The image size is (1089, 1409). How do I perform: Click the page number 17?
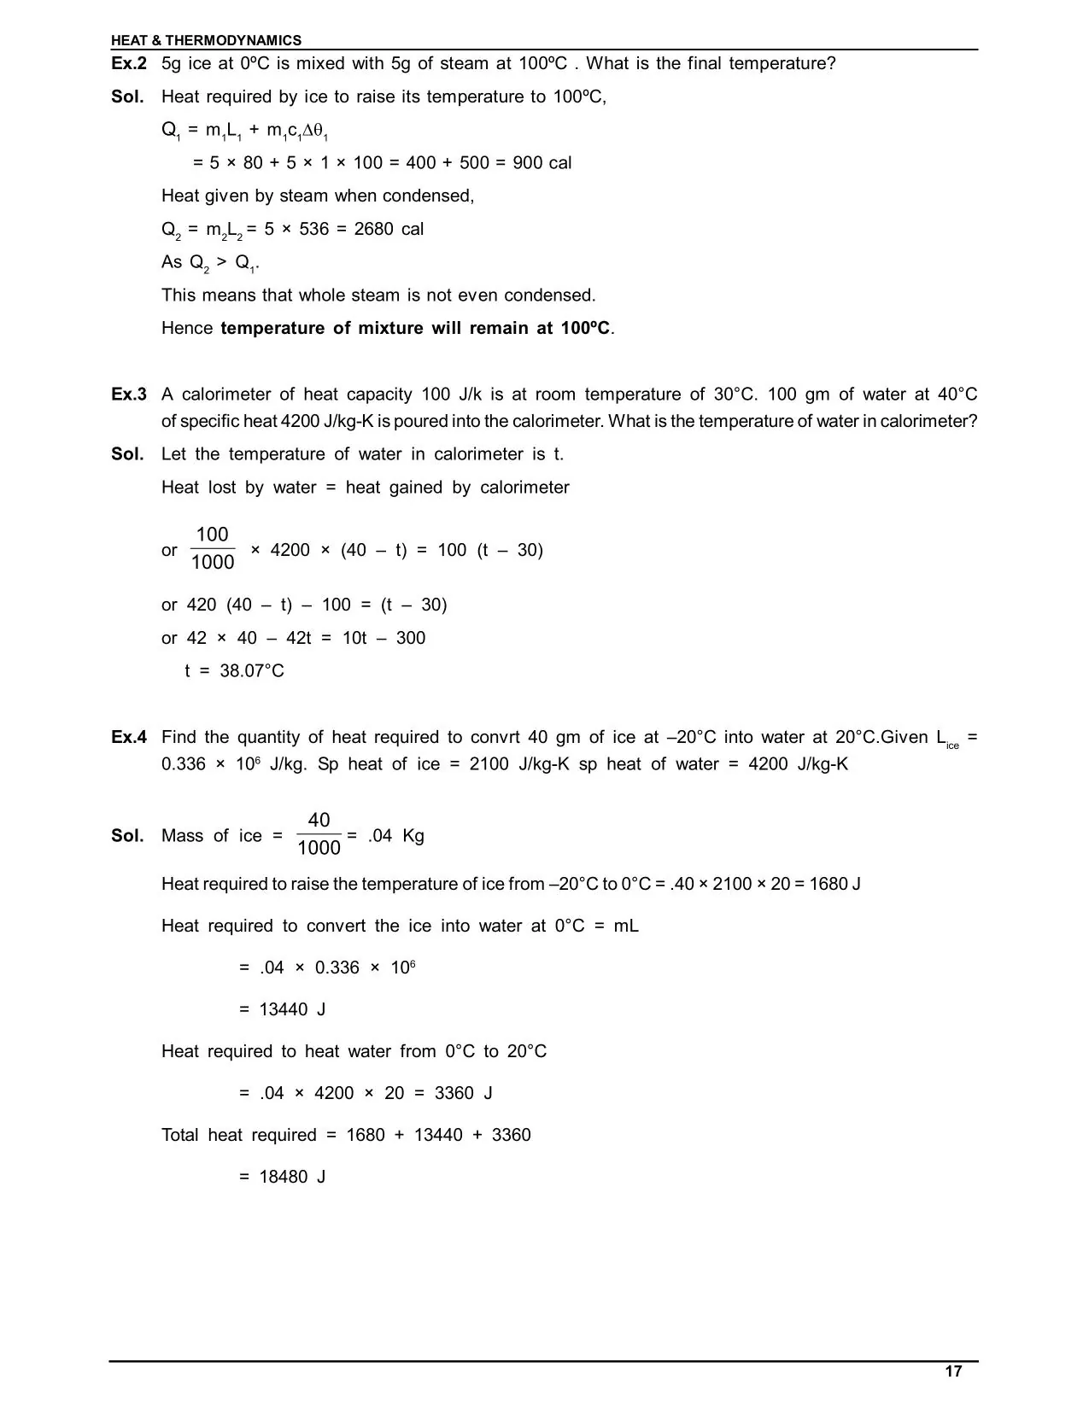tap(953, 1371)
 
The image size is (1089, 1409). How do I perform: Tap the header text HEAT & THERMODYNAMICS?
tap(206, 40)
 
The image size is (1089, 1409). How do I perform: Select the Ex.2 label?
tap(129, 64)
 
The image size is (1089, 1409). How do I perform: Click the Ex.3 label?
tap(129, 395)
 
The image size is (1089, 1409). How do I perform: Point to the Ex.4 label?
tap(129, 737)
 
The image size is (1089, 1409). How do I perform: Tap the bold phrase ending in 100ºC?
tap(416, 329)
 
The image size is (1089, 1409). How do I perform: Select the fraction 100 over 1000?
tap(212, 548)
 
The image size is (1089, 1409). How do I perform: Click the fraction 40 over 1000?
tap(319, 833)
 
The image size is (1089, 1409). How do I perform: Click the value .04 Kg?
tap(395, 836)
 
